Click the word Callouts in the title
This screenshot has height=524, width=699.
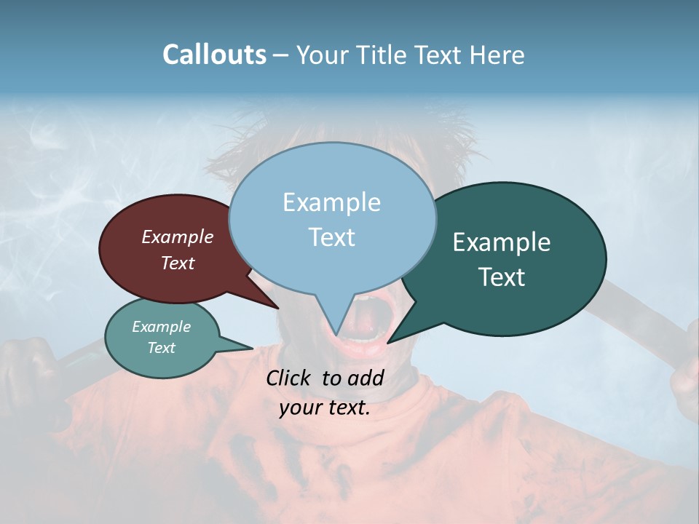coord(215,55)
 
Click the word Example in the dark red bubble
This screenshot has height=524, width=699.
coord(178,237)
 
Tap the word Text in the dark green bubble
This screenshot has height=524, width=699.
coord(502,277)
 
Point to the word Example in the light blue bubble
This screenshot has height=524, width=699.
coord(331,202)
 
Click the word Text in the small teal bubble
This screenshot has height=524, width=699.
coord(162,348)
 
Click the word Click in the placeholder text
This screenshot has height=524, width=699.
coord(288,378)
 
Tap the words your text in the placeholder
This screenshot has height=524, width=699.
coord(325,408)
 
